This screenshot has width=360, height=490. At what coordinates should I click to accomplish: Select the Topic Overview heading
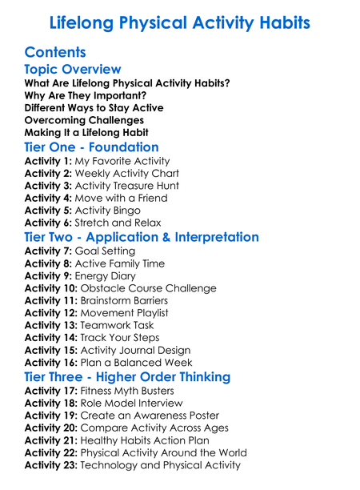coord(73,70)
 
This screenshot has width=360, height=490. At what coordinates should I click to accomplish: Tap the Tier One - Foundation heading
coord(91,147)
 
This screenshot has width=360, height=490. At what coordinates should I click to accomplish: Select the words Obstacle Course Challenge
coord(150,288)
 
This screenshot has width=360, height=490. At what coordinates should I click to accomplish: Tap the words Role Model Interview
coord(132,404)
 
